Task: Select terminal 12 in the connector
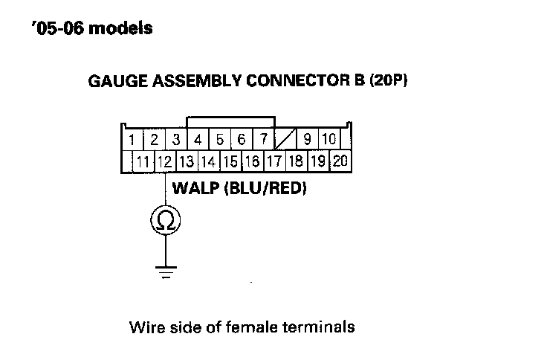click(x=164, y=161)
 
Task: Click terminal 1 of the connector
click(x=131, y=139)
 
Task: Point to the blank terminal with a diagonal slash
click(x=285, y=139)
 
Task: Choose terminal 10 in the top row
click(x=329, y=139)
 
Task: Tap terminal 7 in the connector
click(x=263, y=139)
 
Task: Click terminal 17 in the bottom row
click(x=273, y=161)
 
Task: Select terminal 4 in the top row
click(x=198, y=139)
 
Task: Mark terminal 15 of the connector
click(x=230, y=161)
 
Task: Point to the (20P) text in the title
click(x=388, y=81)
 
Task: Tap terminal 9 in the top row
click(x=308, y=139)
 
